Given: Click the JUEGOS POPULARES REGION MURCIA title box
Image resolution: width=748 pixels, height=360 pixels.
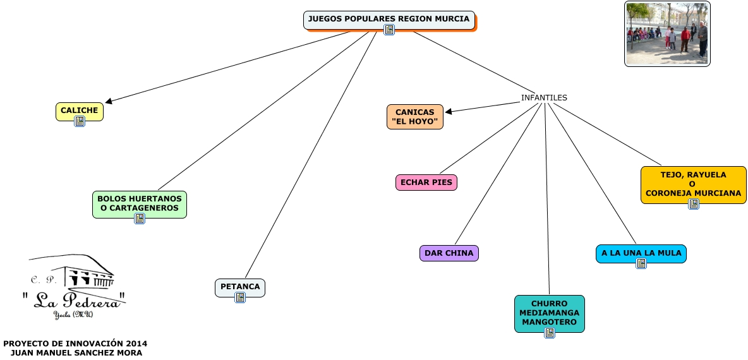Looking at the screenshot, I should [389, 19].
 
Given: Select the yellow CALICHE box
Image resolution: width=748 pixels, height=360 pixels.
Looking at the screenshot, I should [79, 111].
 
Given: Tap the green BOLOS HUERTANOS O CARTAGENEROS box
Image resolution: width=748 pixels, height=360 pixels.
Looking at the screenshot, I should [140, 203].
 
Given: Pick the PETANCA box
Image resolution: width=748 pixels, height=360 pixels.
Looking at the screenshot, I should [240, 287].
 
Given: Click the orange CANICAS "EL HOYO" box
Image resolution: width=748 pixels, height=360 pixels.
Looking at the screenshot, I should [414, 117].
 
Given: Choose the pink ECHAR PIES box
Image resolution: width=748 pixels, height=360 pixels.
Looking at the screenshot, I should [426, 183].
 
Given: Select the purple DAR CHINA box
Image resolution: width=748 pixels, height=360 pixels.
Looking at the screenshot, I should [449, 253].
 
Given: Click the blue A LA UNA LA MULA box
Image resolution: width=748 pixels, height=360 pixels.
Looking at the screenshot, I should [641, 253].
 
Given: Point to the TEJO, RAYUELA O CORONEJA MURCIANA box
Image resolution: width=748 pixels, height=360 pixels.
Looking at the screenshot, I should [693, 184].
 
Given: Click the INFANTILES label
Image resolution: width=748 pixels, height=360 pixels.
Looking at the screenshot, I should [544, 98].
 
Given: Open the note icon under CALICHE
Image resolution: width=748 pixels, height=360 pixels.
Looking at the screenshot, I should [80, 121].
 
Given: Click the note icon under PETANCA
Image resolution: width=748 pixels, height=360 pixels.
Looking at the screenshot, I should [240, 297].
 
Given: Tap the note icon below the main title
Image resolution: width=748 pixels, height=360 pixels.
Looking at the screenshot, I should [389, 30].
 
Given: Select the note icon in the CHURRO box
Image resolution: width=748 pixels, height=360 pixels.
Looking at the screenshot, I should [550, 333].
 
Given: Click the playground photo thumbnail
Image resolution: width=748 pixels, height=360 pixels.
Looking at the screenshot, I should [667, 33].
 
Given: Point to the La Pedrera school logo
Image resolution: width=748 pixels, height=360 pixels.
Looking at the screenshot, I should [74, 287].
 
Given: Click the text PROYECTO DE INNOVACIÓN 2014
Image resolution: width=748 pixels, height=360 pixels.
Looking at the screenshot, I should [75, 344].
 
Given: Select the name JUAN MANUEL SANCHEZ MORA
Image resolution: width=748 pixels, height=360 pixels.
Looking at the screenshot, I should [76, 353].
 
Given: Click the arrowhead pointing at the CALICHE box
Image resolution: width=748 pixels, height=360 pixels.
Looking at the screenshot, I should [109, 101].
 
